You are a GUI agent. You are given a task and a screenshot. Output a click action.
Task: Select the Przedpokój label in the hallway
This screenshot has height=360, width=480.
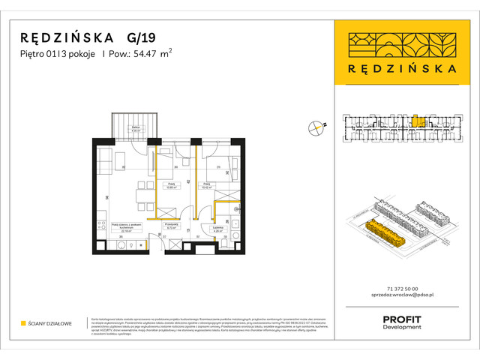pyautogui.click(x=170, y=226)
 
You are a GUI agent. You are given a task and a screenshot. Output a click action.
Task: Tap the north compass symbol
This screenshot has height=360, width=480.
pyautogui.click(x=316, y=127)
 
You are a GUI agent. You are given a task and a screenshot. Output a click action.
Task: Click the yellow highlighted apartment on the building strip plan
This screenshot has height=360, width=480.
pyautogui.click(x=421, y=121)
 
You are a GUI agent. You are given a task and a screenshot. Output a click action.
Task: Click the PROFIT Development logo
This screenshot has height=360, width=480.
pyautogui.click(x=401, y=322)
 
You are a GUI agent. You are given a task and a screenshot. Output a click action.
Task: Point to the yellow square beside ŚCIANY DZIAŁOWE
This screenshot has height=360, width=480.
pyautogui.click(x=23, y=323)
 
